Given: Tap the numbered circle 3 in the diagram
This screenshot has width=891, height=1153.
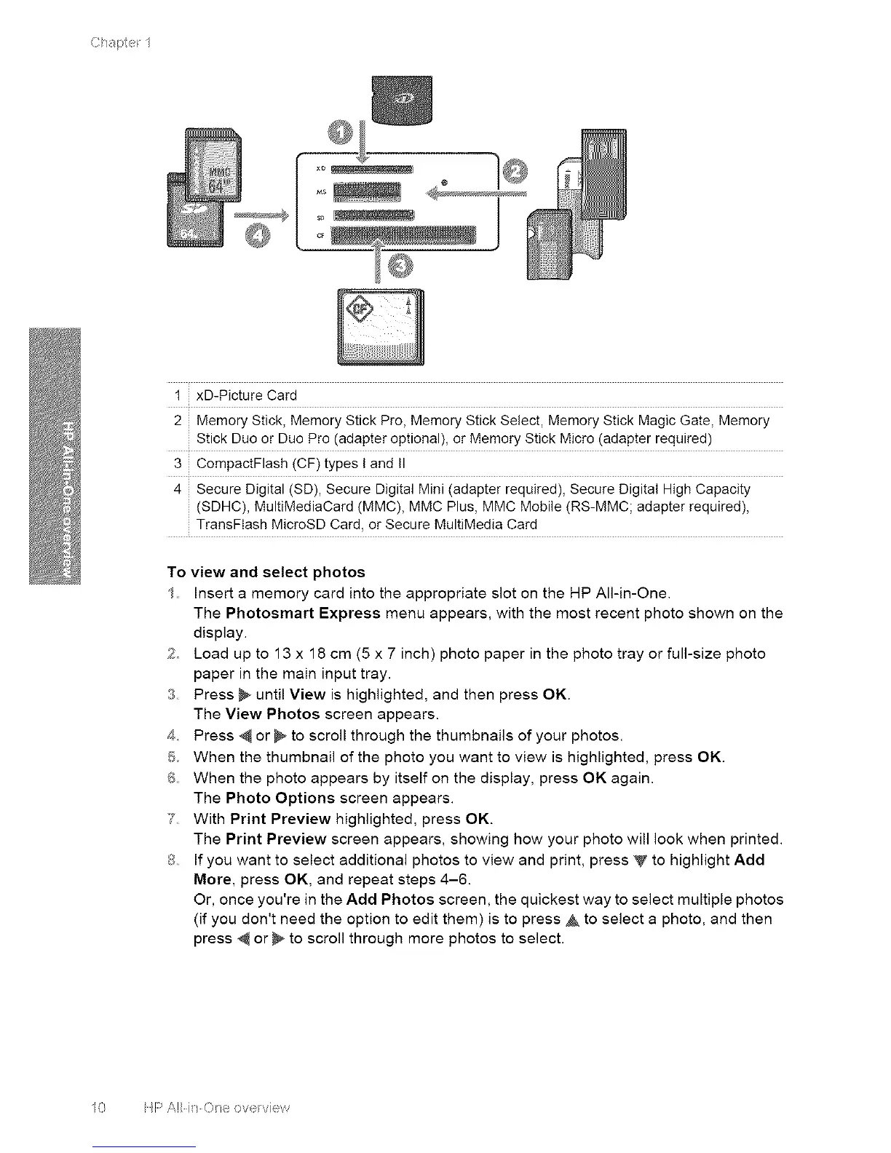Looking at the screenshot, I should [400, 268].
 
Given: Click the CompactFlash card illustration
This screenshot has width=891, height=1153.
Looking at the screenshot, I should [380, 326].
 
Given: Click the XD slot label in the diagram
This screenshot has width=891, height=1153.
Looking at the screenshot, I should [319, 168].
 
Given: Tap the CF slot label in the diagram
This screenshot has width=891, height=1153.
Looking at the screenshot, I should [319, 234].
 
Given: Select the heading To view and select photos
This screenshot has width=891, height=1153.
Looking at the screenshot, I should [266, 572].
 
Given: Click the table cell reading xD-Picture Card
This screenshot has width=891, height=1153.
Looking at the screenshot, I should [247, 396].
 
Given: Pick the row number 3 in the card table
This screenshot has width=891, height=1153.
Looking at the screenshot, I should [177, 463].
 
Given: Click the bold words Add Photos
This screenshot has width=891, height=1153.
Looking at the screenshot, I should [391, 899].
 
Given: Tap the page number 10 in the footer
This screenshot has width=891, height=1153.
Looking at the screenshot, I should [99, 1108].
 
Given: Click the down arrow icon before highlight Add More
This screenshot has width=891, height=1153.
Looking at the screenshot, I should [640, 861].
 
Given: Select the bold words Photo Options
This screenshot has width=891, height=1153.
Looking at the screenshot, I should [280, 798].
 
